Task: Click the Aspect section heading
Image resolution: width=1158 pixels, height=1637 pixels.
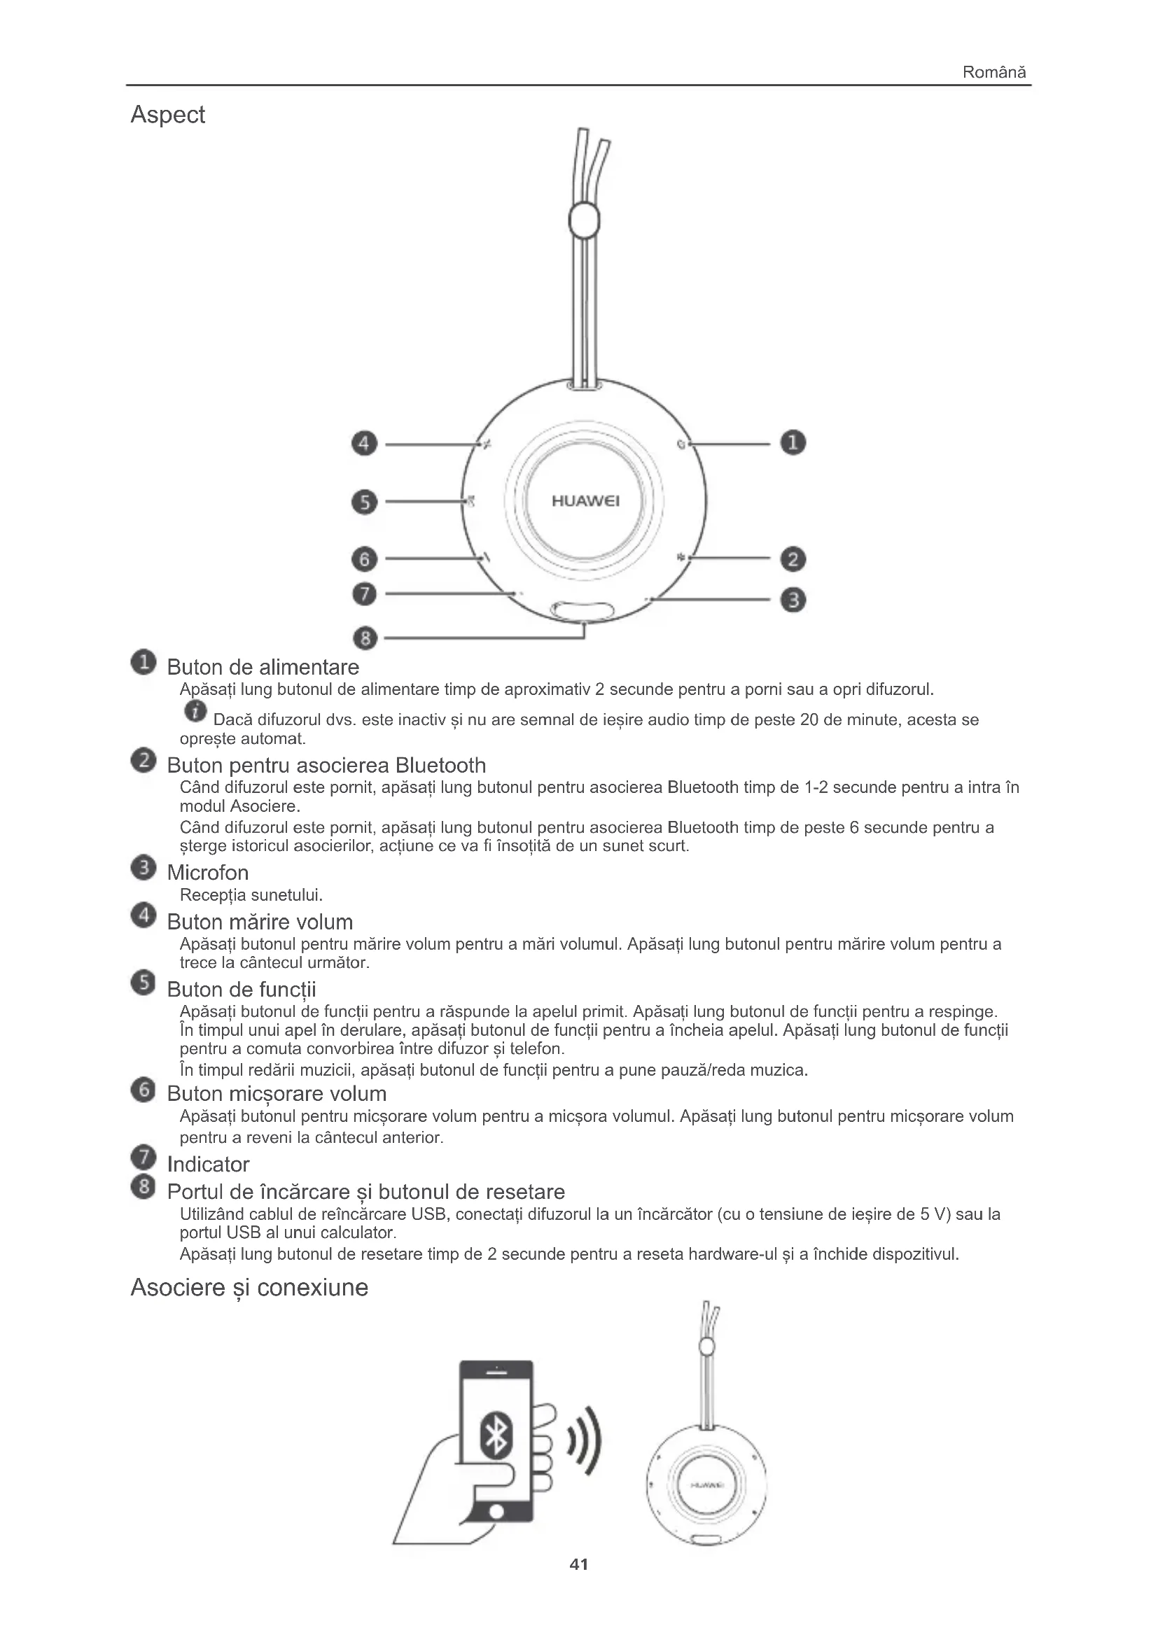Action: coord(167,115)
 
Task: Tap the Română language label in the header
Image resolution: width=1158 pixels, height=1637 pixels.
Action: coord(993,72)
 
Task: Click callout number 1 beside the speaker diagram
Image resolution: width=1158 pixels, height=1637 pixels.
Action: coord(793,443)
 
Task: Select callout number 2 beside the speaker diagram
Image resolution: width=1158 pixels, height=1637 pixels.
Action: coord(793,559)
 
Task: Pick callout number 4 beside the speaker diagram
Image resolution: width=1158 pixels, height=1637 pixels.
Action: coord(364,444)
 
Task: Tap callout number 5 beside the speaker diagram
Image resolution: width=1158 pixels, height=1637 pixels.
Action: coord(364,502)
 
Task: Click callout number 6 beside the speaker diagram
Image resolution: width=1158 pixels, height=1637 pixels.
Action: coord(364,558)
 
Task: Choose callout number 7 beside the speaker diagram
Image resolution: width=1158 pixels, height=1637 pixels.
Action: coord(364,593)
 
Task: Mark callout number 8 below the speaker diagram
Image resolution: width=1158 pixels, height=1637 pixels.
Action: coord(365,638)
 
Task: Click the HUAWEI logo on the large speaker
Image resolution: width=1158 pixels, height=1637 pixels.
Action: coord(585,501)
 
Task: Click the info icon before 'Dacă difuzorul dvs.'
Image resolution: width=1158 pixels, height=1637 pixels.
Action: coord(195,711)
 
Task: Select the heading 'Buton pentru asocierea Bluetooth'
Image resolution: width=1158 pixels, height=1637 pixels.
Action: coord(326,766)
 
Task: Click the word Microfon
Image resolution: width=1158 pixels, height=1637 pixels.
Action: coord(207,873)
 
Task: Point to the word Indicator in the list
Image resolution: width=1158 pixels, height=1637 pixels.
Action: coord(207,1165)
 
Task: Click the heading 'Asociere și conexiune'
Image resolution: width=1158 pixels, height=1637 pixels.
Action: coord(249,1288)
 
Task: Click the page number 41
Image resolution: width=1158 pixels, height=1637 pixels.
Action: coord(579,1564)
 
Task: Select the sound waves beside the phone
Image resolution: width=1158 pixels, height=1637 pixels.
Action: coord(585,1441)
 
